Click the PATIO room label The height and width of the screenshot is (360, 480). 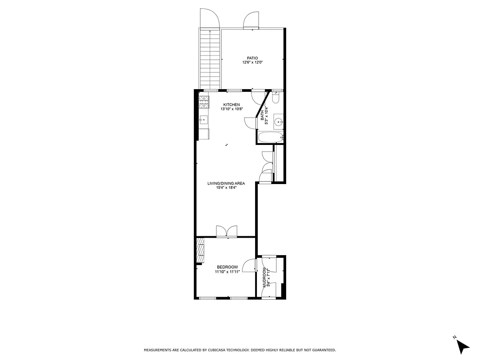252,58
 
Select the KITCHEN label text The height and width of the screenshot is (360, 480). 228,104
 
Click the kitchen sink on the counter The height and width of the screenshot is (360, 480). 203,120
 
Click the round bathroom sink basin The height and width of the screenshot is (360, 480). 279,121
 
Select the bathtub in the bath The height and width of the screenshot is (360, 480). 270,138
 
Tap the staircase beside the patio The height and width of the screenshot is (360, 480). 210,58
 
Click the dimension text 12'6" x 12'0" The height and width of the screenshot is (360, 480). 252,63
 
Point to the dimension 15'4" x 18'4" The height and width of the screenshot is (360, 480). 226,188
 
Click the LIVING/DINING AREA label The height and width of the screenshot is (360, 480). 226,183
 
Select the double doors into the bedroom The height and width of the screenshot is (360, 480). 226,231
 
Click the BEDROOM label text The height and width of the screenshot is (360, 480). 227,267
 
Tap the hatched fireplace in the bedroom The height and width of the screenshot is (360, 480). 200,250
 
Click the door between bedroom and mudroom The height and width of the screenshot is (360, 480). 248,265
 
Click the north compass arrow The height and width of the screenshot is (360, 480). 462,346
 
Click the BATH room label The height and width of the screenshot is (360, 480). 263,116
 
